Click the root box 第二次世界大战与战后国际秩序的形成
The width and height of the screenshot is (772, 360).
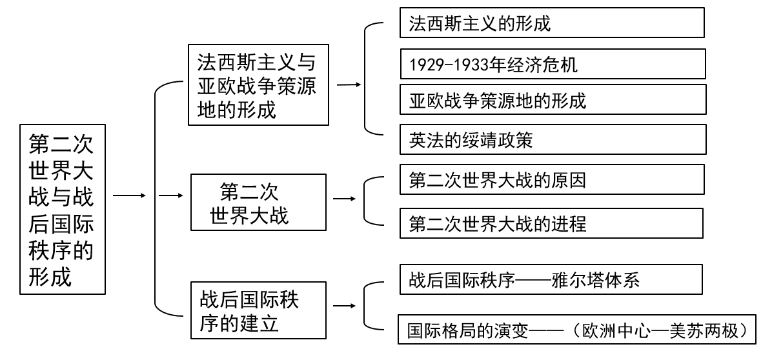(x=62, y=208)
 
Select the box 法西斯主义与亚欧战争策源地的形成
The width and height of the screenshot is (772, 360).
(x=258, y=85)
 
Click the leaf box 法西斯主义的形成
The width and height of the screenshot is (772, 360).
(x=551, y=23)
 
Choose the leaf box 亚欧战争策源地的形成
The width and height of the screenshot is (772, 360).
(x=551, y=101)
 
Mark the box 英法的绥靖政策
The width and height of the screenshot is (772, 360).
(x=551, y=139)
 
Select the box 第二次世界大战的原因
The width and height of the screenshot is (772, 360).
(x=551, y=180)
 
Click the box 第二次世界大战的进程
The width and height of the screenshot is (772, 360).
(x=551, y=223)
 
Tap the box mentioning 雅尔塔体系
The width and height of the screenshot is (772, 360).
(x=551, y=279)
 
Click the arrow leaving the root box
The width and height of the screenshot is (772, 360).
(x=128, y=194)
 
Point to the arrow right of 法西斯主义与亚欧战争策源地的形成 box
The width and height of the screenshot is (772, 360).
(x=349, y=85)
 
